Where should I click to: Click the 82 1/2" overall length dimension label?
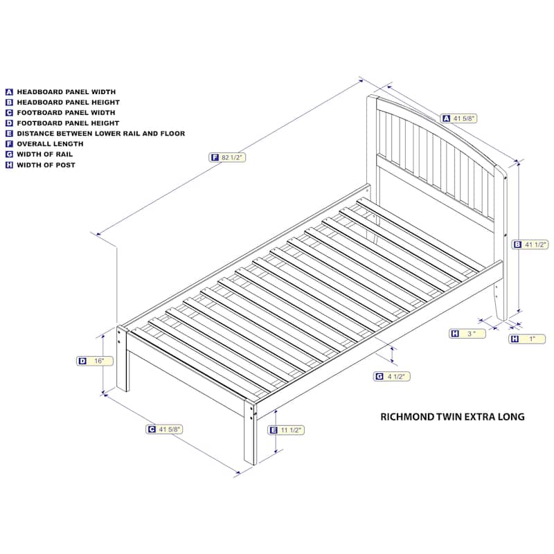(227, 157)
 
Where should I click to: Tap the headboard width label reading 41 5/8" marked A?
(458, 118)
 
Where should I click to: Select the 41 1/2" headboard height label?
(530, 244)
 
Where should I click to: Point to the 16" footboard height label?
(95, 361)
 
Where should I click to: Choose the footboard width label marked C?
(164, 429)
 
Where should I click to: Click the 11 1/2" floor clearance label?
(286, 430)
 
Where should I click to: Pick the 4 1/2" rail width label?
(391, 376)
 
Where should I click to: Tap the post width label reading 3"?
(467, 334)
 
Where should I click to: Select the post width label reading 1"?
(527, 339)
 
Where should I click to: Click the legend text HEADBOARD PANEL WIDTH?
(66, 92)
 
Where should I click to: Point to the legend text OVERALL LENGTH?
(50, 144)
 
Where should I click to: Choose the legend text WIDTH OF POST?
(46, 165)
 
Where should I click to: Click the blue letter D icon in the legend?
(9, 123)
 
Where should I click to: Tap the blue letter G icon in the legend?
(9, 154)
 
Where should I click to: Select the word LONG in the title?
(511, 417)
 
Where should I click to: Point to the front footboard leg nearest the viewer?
(250, 433)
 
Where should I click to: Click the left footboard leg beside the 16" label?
(123, 359)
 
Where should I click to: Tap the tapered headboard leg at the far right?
(501, 301)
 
